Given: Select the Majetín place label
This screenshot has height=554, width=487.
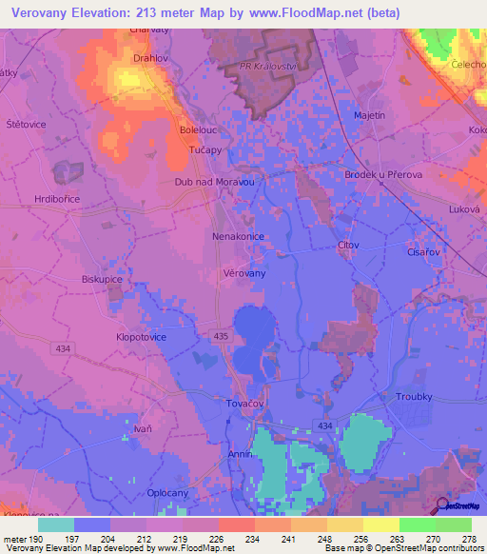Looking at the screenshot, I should tap(369, 115).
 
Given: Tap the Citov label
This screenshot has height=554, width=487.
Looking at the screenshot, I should tap(348, 246).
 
